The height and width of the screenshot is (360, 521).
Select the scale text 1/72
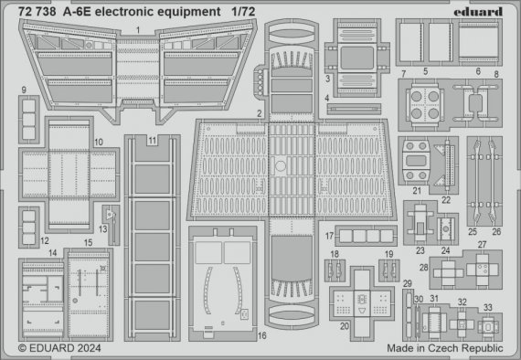coord(243,10)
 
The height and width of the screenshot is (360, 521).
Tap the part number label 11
coord(152,140)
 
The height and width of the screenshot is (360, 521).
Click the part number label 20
coord(345,326)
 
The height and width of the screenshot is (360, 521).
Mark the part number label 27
coord(482,245)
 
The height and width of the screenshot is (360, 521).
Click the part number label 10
coord(98,143)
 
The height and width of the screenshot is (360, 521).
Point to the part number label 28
coord(423,267)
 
